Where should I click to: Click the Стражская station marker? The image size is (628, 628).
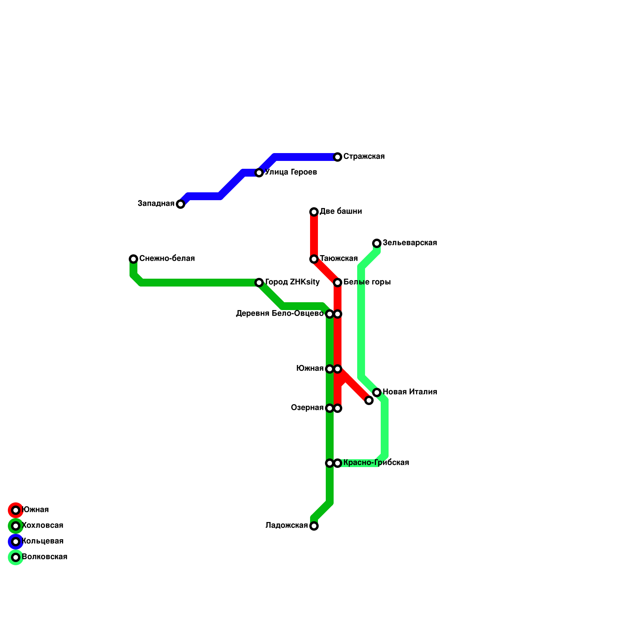coord(338,157)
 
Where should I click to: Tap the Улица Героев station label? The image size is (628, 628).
coord(291,172)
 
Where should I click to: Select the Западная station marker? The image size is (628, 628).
coord(181,204)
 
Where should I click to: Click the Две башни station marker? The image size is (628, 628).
coord(314,212)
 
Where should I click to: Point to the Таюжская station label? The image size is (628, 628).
coord(339,259)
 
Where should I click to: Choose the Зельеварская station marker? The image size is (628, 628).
coord(377,243)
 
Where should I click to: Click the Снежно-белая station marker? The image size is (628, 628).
coord(133,259)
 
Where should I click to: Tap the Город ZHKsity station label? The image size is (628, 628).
coord(292,282)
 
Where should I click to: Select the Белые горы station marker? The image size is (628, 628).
coord(338,283)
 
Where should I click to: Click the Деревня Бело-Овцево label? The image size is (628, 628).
coord(279,314)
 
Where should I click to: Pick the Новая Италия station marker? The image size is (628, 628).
coord(377,392)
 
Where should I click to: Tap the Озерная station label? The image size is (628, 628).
coord(307,408)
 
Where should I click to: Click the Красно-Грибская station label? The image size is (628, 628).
coord(376,463)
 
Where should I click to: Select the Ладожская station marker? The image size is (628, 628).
coord(314,526)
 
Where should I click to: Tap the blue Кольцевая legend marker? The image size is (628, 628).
coord(16,542)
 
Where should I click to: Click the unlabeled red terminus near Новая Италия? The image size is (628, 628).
coord(369,400)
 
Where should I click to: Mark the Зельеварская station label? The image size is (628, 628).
coord(410,243)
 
